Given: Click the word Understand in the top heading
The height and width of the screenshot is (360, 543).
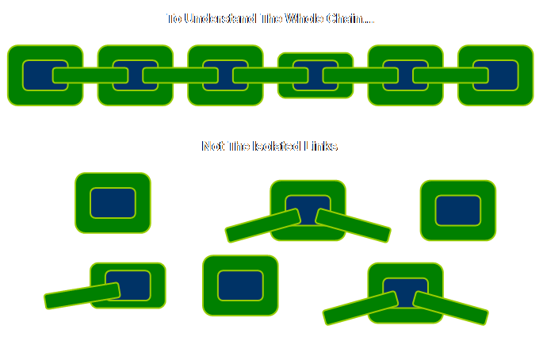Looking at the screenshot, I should click(x=219, y=18).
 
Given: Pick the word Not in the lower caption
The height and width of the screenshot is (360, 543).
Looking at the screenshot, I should click(x=212, y=147).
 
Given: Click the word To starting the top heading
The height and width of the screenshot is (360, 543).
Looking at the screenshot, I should click(x=174, y=18).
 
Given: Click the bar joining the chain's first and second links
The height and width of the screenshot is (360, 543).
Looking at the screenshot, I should click(x=90, y=75).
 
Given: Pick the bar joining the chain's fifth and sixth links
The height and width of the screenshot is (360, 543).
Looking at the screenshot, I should click(x=450, y=75).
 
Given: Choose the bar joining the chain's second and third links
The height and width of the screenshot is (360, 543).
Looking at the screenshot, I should click(x=181, y=75).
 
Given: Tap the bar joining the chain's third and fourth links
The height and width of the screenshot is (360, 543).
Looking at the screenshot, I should click(x=270, y=75).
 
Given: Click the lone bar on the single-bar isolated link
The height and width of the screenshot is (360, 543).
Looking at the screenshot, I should click(x=82, y=296).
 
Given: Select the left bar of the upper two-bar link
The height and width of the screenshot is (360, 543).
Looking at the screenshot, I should click(x=263, y=225).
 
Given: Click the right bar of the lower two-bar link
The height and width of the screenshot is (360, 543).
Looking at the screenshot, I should click(x=450, y=308).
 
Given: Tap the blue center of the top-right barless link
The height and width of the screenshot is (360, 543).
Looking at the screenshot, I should click(x=458, y=210).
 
